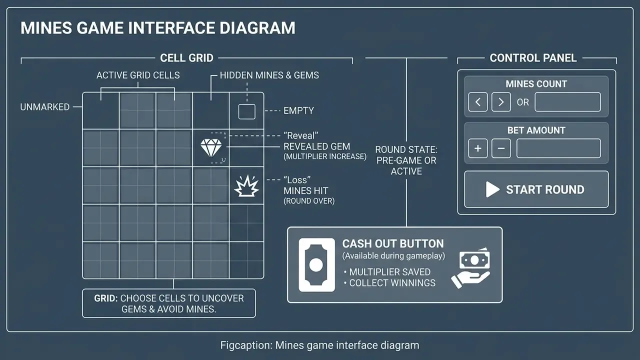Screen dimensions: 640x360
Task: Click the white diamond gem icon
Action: point(211,147)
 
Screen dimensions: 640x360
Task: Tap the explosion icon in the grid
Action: point(246,186)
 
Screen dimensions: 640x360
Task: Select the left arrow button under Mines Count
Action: point(477,102)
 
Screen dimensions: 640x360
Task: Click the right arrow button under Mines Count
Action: point(501,102)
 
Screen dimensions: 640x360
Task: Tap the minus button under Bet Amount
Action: point(501,148)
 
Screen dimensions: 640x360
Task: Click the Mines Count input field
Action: point(567,102)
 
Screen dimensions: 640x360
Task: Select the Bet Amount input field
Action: point(558,148)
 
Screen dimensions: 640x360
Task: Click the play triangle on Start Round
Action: point(492,189)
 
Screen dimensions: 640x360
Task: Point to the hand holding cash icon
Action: point(470,267)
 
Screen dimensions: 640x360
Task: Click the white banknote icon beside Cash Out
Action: point(316,265)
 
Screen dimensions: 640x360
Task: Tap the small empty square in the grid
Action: point(247,111)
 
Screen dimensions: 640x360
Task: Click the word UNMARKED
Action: point(45,107)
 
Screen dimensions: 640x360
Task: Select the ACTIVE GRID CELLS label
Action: point(138,75)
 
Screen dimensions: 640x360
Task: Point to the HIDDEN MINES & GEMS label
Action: point(269,75)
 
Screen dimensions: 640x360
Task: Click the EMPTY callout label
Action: point(298,110)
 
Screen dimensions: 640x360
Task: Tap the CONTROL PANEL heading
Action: point(533,58)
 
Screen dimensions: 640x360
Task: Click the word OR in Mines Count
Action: point(523,102)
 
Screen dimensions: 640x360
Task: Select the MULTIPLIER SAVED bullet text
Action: point(389,272)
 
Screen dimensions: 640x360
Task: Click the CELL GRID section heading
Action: point(186,58)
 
